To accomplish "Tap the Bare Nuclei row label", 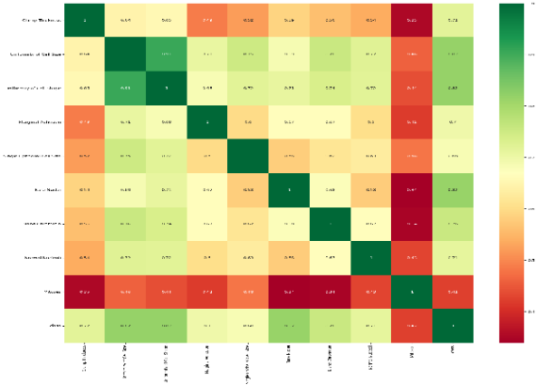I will (43, 189).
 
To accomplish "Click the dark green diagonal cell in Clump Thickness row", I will (87, 19).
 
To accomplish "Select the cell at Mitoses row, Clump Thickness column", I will (87, 292).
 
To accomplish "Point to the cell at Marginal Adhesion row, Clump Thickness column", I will (87, 121).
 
